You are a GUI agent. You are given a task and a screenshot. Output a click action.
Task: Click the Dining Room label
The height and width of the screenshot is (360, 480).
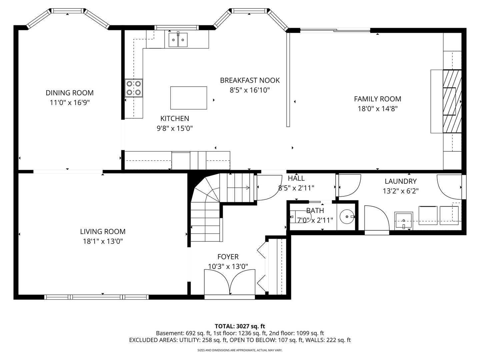tap(70, 93)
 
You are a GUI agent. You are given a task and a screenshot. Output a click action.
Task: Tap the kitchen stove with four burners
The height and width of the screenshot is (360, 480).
tap(134, 88)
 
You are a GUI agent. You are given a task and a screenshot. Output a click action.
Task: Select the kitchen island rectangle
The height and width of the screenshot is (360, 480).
tap(188, 98)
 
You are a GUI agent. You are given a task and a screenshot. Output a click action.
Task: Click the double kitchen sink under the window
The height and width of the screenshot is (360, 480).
tap(178, 40)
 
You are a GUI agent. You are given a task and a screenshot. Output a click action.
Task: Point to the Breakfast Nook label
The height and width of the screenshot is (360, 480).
tap(250, 80)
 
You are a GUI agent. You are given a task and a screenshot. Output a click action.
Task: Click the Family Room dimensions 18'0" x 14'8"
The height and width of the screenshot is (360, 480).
tap(377, 108)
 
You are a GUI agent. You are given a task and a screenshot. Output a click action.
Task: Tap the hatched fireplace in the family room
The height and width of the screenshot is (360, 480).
tap(452, 101)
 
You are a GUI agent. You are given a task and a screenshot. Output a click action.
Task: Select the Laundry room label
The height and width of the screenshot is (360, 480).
tap(400, 181)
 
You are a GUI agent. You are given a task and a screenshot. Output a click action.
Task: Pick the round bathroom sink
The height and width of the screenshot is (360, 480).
tap(347, 217)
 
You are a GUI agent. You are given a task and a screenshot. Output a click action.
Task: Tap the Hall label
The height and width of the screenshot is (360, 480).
tap(296, 178)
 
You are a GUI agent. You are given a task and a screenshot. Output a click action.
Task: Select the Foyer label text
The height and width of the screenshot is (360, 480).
tap(228, 257)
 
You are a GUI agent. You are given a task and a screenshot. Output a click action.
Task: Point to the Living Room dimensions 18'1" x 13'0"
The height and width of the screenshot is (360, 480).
tap(103, 241)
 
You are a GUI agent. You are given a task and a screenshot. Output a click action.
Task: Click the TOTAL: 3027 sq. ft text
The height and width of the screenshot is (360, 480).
tap(240, 326)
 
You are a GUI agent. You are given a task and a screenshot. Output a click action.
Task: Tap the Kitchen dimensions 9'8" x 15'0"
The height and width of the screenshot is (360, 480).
tap(175, 128)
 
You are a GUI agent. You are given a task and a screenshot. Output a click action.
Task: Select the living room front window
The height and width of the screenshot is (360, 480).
tap(97, 297)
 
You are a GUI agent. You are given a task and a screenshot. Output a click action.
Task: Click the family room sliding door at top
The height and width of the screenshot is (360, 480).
tap(335, 31)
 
